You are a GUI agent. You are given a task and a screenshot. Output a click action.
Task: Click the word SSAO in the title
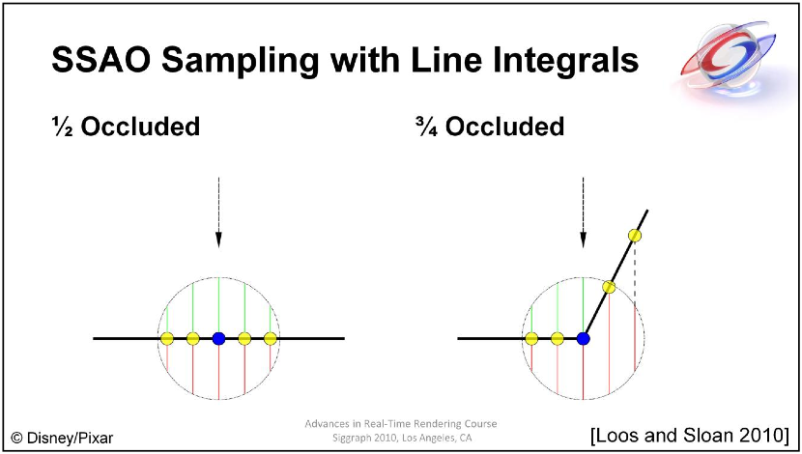point(101,59)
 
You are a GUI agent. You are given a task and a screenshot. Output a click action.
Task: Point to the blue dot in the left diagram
point(219,338)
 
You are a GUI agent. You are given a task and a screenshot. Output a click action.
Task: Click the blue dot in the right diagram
point(583,338)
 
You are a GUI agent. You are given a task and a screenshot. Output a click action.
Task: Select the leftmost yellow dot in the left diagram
point(167,338)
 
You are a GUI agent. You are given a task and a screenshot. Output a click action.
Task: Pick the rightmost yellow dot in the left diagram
point(271,338)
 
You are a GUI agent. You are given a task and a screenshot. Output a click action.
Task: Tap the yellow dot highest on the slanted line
point(635,235)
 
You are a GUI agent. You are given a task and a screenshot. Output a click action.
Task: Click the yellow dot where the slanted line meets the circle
point(609,287)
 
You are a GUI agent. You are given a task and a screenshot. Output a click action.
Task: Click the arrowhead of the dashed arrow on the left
point(219,240)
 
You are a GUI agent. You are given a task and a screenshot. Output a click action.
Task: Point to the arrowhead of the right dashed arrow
point(583,240)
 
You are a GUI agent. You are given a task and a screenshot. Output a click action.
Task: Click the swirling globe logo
point(728,57)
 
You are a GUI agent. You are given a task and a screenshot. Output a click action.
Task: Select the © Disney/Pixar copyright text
point(62,439)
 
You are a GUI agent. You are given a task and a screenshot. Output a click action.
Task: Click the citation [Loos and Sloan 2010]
point(691,436)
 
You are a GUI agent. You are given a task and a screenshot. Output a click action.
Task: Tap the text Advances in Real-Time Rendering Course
point(401,424)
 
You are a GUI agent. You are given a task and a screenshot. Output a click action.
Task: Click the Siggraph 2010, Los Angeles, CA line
point(401,439)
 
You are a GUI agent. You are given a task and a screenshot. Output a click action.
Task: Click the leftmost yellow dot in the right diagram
point(531,338)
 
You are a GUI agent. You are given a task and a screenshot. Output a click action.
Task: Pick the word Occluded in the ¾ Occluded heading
point(504,127)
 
